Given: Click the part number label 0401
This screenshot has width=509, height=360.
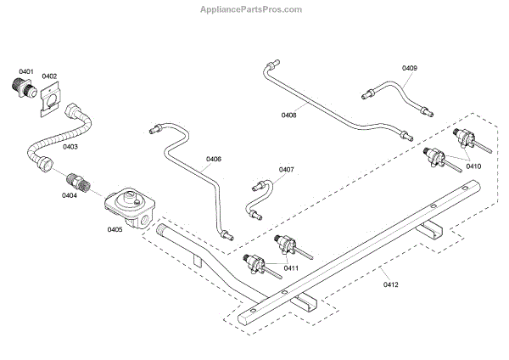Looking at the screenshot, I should (26, 71).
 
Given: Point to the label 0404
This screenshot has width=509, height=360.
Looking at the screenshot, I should (69, 195).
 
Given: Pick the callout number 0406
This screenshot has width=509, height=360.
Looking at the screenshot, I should (213, 159).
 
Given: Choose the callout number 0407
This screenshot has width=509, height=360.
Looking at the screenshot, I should (286, 169).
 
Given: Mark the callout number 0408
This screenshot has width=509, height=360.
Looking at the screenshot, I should (288, 114).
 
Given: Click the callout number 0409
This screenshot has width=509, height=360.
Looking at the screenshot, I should (410, 67).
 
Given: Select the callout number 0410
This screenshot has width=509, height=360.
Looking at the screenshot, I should (473, 166).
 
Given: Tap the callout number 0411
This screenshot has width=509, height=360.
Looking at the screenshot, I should (291, 267).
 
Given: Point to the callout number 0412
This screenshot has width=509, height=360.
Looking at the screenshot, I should (390, 284).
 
